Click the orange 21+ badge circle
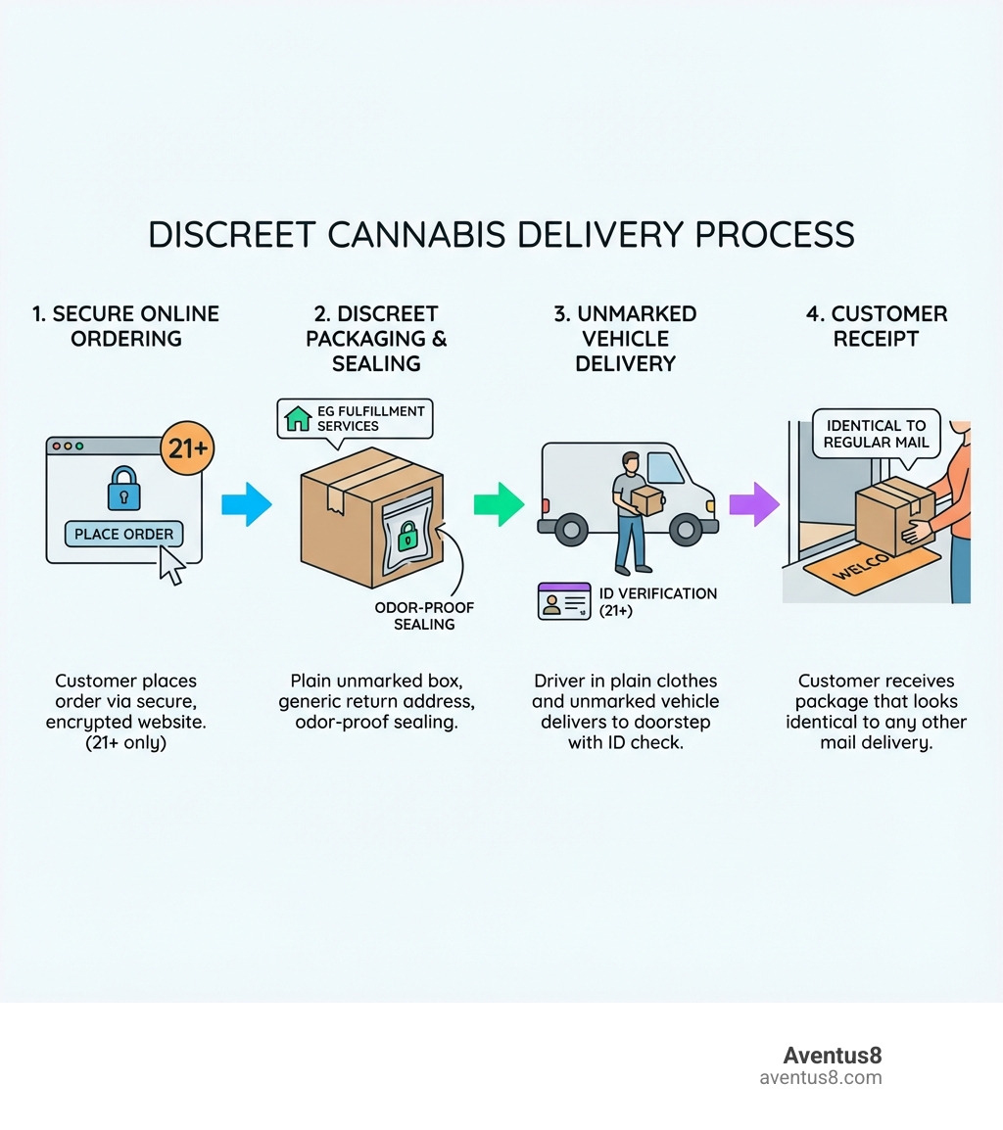[186, 449]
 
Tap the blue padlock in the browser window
[124, 488]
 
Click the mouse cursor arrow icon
[172, 565]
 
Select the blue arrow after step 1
[246, 504]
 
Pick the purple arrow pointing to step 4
[753, 504]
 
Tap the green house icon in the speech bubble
[297, 419]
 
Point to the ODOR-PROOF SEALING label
[424, 616]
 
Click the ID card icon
[564, 601]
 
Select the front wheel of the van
[686, 530]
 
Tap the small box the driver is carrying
[646, 500]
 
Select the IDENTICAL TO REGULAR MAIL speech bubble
[875, 434]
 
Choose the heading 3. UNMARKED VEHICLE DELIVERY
[625, 339]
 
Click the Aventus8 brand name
[832, 1056]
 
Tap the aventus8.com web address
[820, 1078]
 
